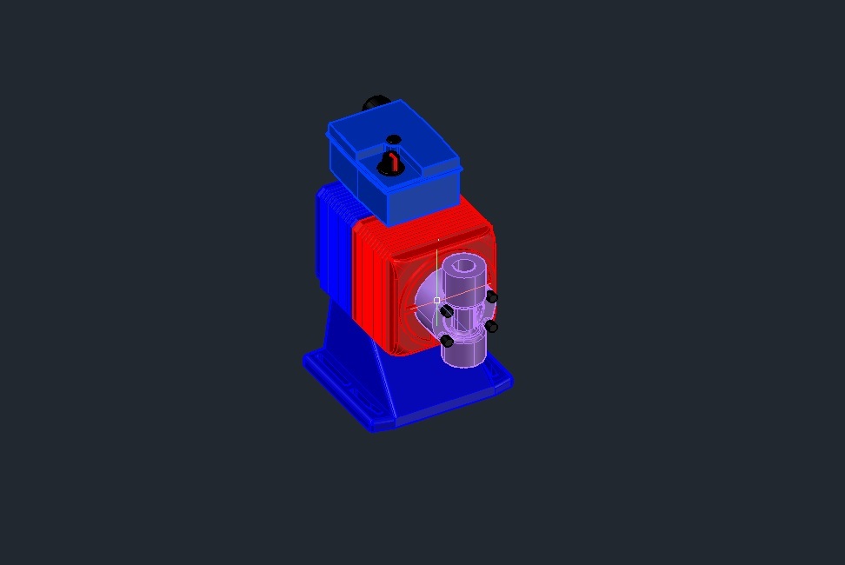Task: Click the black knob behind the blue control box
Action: click(x=375, y=103)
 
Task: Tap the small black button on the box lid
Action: click(x=394, y=139)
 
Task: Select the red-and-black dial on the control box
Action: click(x=390, y=163)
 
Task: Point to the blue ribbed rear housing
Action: click(x=333, y=243)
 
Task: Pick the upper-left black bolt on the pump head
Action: click(x=446, y=311)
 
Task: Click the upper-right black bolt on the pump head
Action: click(x=492, y=297)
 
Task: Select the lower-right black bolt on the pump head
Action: click(x=491, y=327)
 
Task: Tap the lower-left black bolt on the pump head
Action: click(x=447, y=341)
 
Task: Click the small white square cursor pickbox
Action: click(x=436, y=300)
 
